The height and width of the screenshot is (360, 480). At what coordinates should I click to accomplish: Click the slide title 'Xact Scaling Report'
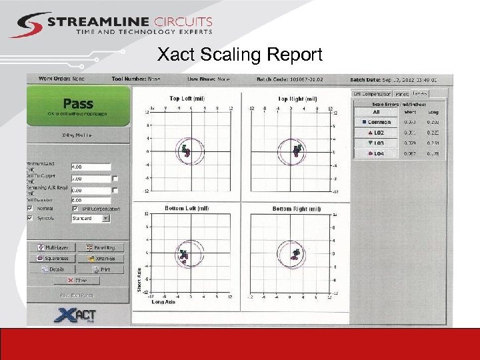click(x=239, y=54)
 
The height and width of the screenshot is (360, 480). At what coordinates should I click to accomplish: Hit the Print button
click(x=102, y=269)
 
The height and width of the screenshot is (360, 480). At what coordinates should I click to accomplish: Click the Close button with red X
click(x=77, y=281)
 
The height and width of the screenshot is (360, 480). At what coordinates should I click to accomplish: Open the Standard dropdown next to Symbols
click(x=91, y=218)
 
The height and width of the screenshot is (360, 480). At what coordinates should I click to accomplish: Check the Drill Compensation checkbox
click(x=75, y=209)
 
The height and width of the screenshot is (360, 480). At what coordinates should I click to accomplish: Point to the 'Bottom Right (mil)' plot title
click(x=296, y=209)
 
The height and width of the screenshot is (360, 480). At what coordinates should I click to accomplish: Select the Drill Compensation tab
click(x=373, y=94)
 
